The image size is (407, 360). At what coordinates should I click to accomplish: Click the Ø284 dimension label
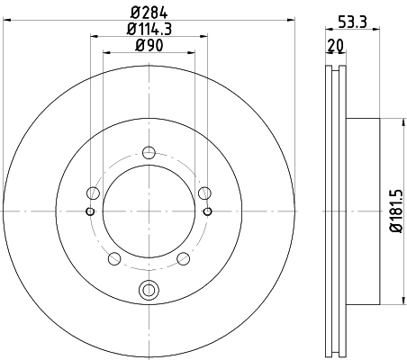pyautogui.click(x=149, y=13)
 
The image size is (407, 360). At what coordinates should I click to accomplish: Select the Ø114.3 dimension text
pyautogui.click(x=149, y=29)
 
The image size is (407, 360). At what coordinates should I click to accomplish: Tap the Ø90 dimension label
pyautogui.click(x=149, y=45)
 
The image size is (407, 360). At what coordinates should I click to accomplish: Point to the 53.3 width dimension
pyautogui.click(x=352, y=22)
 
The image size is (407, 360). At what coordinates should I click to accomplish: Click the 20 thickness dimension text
pyautogui.click(x=336, y=46)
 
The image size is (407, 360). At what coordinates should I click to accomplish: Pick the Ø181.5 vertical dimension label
pyautogui.click(x=396, y=211)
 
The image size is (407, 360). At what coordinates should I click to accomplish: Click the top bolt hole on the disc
pyautogui.click(x=149, y=152)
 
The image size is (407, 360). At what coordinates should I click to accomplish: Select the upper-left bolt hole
pyautogui.click(x=93, y=193)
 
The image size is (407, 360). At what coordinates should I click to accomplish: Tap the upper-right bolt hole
pyautogui.click(x=204, y=193)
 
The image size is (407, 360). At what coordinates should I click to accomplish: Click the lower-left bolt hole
pyautogui.click(x=114, y=258)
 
